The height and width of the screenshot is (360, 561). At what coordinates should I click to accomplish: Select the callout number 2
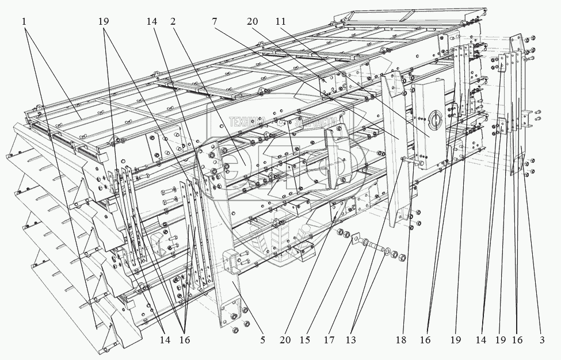[x=173, y=21]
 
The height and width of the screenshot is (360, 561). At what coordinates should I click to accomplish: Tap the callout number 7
[x=214, y=21]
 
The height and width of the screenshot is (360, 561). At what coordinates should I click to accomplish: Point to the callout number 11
[x=280, y=21]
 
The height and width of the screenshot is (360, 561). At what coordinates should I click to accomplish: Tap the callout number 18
[x=401, y=340]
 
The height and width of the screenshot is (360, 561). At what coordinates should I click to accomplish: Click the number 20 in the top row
[x=251, y=21]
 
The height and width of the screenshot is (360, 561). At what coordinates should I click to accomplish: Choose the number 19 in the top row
[x=104, y=21]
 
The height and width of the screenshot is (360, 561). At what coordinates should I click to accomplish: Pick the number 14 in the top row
[x=151, y=21]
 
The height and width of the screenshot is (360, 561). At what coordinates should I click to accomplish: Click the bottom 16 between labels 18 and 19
[x=425, y=340]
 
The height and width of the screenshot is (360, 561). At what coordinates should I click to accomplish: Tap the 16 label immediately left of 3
[x=517, y=340]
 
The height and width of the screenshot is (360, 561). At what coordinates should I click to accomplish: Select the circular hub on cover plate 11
[x=434, y=120]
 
